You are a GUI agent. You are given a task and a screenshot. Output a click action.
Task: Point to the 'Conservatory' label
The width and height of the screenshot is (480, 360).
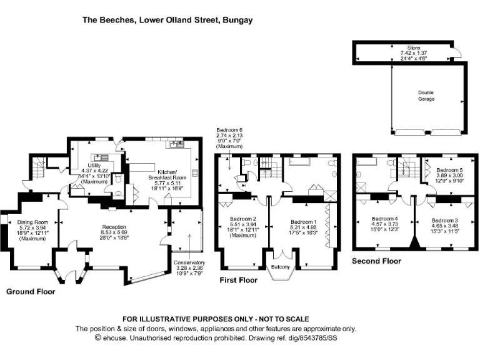coord(189,262)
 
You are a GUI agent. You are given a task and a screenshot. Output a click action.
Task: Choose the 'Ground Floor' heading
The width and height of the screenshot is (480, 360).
coord(31,292)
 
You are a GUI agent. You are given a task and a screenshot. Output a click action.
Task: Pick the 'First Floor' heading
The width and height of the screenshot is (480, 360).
coord(239,281)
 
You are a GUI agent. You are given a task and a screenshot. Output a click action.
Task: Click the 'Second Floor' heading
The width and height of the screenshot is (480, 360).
coord(376,261)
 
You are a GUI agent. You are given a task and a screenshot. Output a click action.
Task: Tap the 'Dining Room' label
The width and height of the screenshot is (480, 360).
coord(32,222)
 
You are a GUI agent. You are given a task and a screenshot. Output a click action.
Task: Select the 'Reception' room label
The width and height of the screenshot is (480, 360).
coord(114,227)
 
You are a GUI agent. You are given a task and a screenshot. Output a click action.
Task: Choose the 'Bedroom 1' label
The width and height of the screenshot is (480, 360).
coord(303,222)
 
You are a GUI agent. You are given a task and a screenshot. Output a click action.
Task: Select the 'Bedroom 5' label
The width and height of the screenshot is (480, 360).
coord(449,170)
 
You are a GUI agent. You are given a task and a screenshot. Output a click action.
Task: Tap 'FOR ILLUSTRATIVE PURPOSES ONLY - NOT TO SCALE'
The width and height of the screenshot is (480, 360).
coord(216,318)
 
